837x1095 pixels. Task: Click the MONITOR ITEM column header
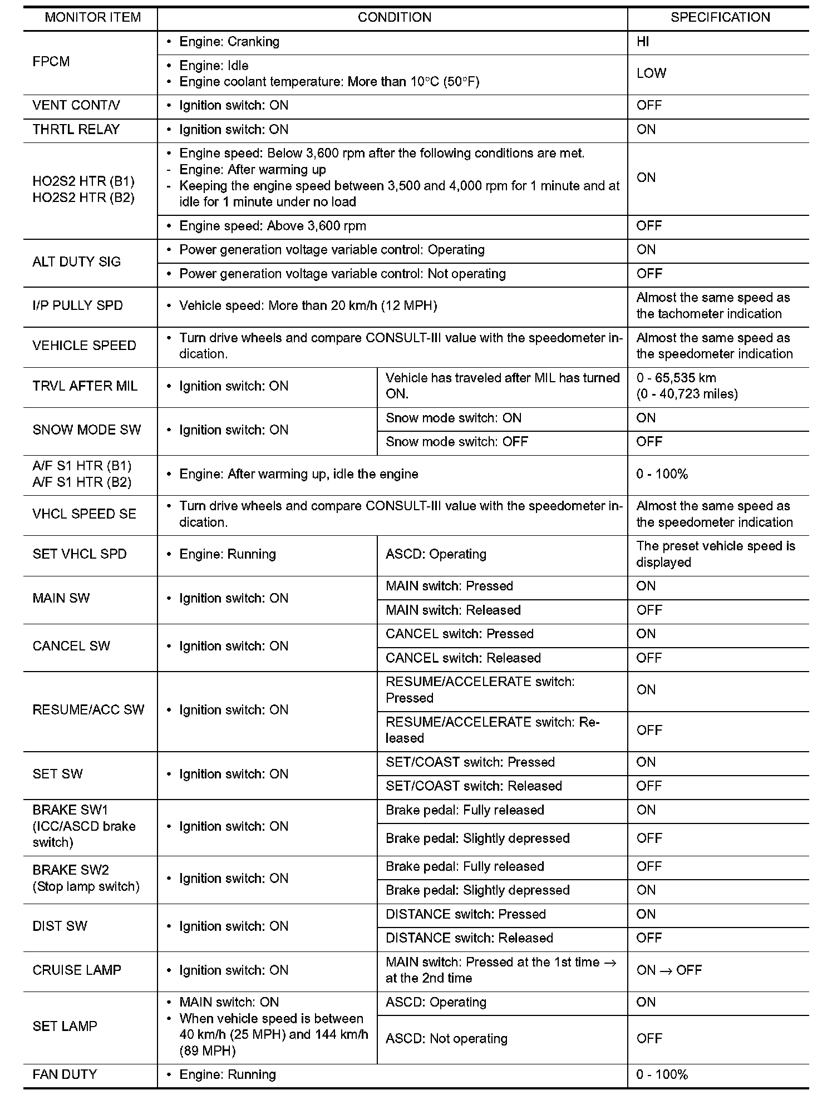point(92,17)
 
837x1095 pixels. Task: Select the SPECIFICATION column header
point(720,17)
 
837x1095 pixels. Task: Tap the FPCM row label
point(51,62)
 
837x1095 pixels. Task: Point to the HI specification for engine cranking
point(643,42)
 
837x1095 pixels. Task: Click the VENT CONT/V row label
point(76,106)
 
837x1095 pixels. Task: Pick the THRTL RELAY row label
point(76,130)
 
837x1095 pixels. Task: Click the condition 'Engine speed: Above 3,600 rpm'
point(272,226)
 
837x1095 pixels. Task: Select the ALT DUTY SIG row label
point(77,262)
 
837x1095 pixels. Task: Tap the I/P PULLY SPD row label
point(78,305)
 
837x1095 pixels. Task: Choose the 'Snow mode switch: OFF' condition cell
point(457,442)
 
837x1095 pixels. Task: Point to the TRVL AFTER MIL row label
point(85,386)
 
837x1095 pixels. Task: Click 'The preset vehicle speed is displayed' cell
point(715,554)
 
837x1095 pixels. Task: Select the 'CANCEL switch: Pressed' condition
point(460,634)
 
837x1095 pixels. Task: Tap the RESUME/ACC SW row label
point(88,710)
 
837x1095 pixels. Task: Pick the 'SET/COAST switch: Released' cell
point(474,786)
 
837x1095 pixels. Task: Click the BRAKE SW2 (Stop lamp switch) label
point(86,878)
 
